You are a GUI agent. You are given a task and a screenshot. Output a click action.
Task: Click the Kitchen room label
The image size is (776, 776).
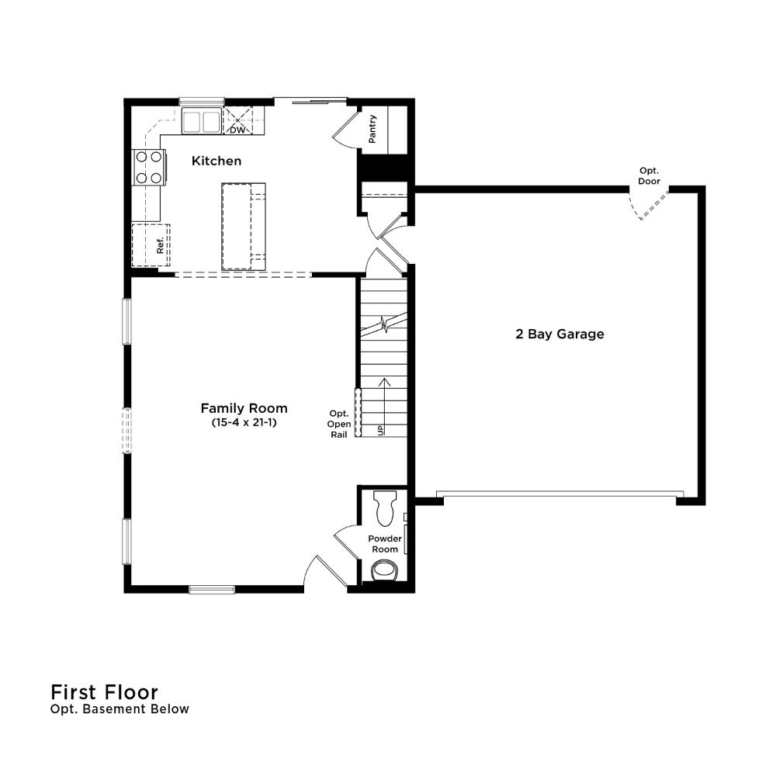217,161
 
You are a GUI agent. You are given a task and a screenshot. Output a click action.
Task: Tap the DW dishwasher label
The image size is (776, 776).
237,130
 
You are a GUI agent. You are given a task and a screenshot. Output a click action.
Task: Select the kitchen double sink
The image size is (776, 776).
202,121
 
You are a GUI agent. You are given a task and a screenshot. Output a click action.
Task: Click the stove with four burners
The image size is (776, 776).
149,167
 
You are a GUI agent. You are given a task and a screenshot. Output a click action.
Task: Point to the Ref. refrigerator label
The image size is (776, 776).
160,245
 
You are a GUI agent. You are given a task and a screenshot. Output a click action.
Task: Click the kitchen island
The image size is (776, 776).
244,226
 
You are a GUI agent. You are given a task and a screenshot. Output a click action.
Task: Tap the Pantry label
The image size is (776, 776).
372,129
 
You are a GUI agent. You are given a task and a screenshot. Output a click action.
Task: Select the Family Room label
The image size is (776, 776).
244,408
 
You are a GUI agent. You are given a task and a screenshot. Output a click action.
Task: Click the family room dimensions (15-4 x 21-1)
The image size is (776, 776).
244,423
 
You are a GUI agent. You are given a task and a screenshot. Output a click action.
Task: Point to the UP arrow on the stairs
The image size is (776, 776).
384,407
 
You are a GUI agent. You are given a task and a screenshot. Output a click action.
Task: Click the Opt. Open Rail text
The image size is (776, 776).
339,424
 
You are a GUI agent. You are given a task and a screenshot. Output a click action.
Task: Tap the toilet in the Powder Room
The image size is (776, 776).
386,508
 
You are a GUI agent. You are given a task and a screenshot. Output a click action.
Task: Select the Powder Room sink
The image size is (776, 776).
385,570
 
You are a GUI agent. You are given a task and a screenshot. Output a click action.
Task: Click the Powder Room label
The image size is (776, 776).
385,544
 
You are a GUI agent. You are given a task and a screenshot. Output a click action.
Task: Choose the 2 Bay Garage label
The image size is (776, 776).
559,334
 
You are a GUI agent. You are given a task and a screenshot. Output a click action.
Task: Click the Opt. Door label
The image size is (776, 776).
649,175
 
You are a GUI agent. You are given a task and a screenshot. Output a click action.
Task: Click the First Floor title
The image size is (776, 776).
105,692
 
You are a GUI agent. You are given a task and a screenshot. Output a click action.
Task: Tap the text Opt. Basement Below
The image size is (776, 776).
120,709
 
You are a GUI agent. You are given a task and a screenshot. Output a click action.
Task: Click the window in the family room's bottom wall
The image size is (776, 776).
212,590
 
